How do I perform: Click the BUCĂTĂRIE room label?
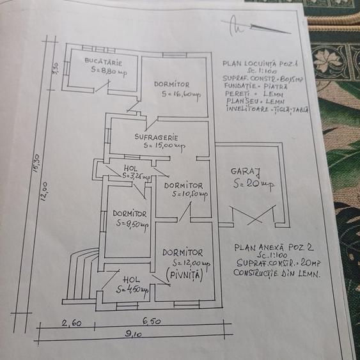coord(103,61)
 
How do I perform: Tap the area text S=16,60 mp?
coord(182,95)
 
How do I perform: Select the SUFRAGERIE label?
coord(156,137)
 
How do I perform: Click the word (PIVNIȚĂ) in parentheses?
coord(184,274)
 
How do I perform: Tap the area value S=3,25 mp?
coord(136,175)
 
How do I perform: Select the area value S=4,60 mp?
coord(132,290)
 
